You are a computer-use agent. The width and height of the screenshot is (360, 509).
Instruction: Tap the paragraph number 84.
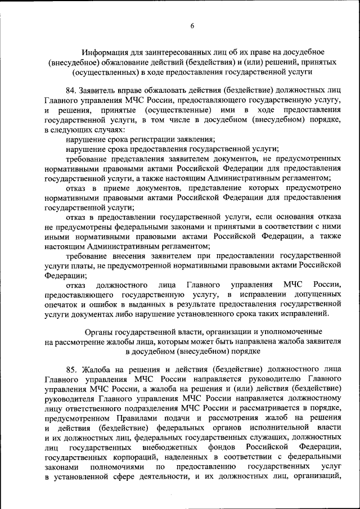(71, 89)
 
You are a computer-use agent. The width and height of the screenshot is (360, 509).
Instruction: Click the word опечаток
(62, 304)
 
